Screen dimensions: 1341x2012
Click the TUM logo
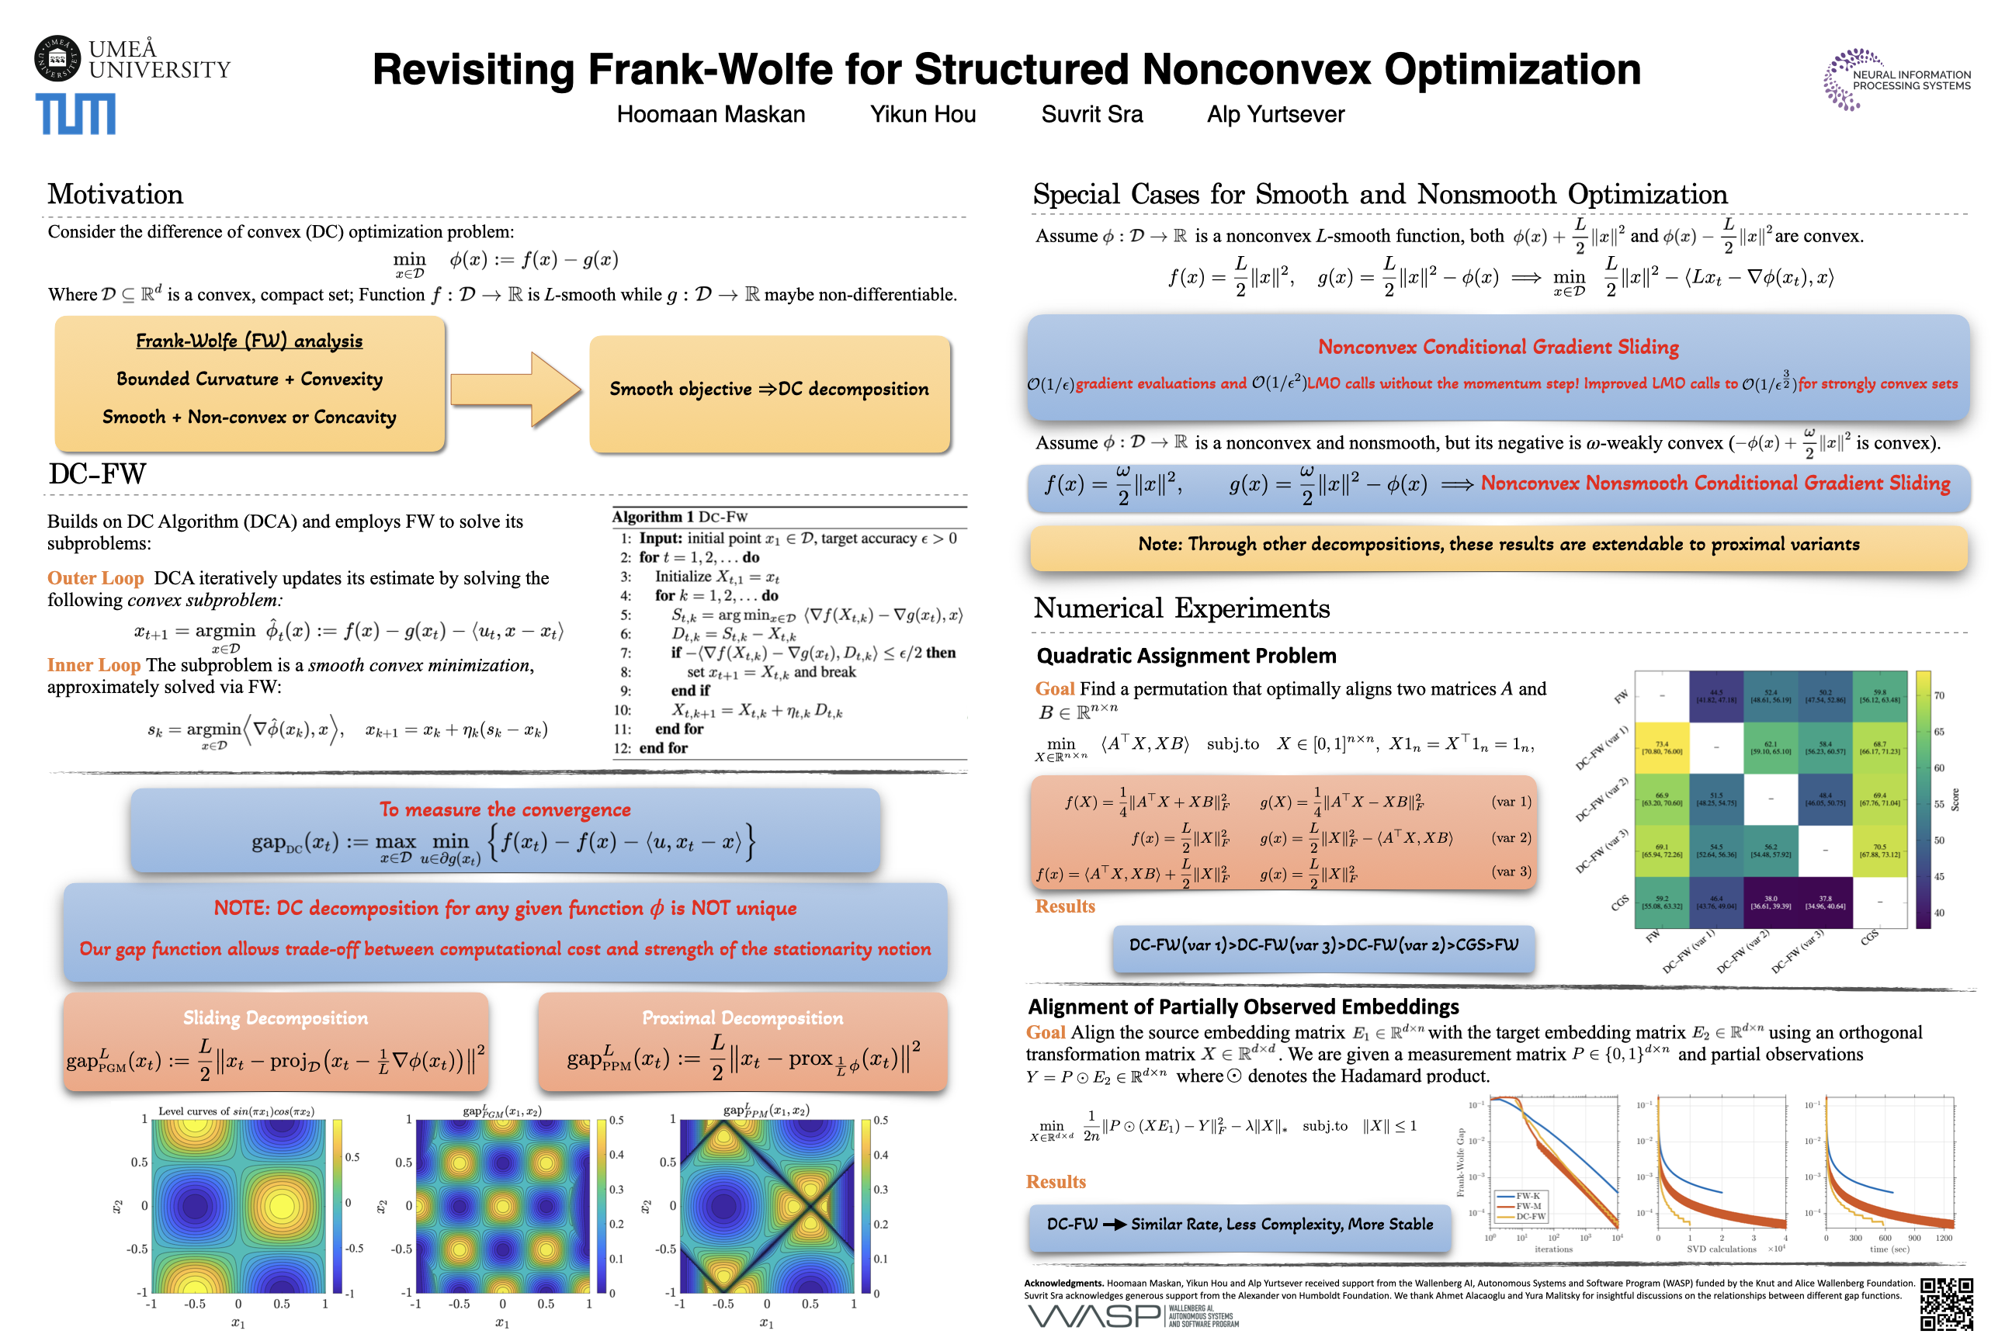pos(75,114)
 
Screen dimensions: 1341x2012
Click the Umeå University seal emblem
pos(57,58)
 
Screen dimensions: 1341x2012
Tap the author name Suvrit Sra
pos(1091,115)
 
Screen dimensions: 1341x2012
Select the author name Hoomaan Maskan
pos(711,115)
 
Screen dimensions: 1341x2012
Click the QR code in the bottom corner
pos(1946,1304)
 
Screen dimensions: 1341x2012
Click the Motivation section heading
pos(116,194)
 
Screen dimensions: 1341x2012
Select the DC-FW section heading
pos(97,474)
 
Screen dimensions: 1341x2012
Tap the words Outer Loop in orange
pos(95,578)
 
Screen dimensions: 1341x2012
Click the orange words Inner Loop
pos(93,665)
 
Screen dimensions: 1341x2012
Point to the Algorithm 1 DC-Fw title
pos(679,517)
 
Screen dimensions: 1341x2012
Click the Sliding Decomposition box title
pos(276,1017)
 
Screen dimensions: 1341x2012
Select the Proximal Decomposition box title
pos(743,1017)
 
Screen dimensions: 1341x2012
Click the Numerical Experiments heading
pos(1181,608)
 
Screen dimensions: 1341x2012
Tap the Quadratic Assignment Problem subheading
pos(1185,656)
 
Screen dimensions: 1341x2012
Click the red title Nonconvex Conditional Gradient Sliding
pos(1498,346)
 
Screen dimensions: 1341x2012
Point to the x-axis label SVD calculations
pos(1721,1249)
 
